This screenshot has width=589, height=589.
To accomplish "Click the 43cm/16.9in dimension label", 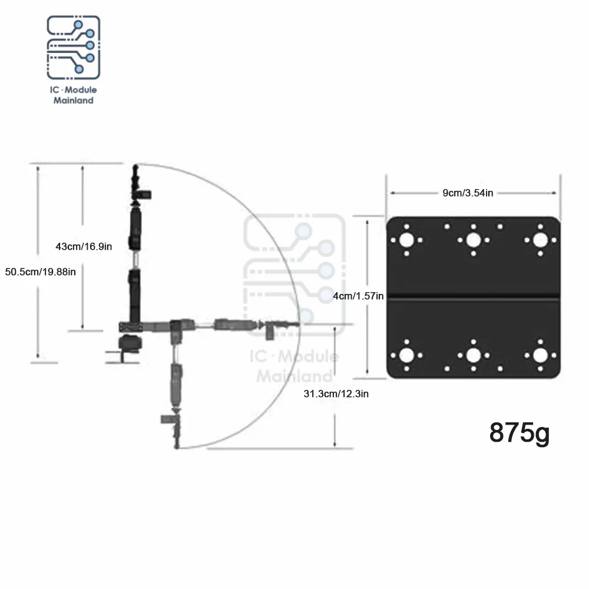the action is click(84, 246).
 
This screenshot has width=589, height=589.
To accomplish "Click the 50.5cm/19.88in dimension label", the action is click(41, 272).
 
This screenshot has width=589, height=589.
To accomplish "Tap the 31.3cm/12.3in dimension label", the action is click(336, 393).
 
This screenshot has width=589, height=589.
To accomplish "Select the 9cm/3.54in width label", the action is click(468, 193).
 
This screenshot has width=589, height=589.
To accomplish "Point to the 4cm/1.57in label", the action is click(358, 296).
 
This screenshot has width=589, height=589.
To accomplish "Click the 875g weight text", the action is click(519, 433).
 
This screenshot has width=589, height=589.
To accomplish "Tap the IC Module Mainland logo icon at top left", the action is click(73, 47).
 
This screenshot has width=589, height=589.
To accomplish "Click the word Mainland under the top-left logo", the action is click(73, 100).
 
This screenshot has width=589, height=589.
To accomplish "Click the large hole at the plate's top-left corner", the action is click(406, 240).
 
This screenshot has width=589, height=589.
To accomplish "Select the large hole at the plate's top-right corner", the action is click(540, 240).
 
